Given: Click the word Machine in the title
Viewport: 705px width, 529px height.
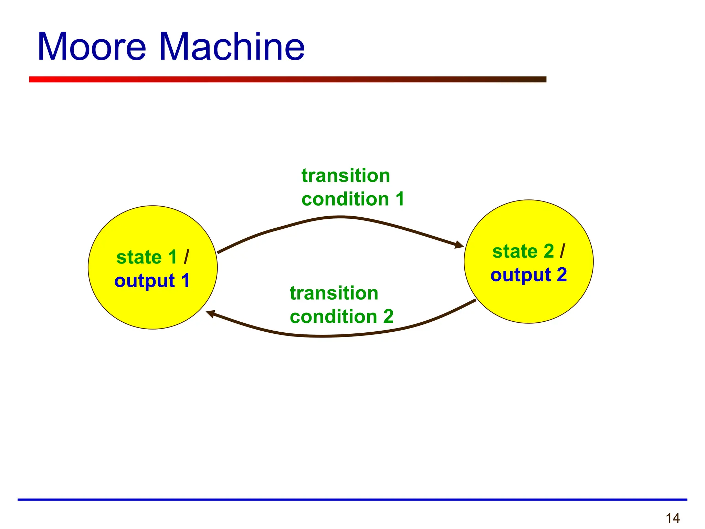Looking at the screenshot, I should tap(232, 47).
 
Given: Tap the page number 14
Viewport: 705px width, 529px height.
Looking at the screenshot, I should tap(673, 518).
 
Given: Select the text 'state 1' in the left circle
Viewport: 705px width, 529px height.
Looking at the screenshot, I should tap(146, 257).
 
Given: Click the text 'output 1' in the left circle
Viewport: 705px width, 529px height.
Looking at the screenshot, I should tap(152, 281).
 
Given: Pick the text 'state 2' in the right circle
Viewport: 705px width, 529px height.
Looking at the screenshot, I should tap(523, 251).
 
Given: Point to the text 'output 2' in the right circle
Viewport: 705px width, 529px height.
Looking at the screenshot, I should tap(528, 275).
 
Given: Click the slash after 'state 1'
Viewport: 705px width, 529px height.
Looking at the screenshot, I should tap(186, 257).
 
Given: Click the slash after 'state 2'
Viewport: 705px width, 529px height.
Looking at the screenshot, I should tap(562, 251).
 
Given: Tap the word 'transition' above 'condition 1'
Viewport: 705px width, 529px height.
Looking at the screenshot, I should tap(346, 176).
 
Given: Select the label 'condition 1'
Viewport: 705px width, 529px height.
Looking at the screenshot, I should tap(352, 199).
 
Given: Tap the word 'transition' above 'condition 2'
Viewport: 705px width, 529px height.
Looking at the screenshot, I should tap(334, 293).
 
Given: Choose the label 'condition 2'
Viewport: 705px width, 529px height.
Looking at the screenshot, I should tap(341, 317).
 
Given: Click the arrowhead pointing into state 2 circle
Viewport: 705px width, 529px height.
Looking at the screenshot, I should tap(459, 245).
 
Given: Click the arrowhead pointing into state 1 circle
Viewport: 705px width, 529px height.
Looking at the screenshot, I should tap(210, 313).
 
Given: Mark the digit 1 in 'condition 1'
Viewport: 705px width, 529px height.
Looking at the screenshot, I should tap(400, 199).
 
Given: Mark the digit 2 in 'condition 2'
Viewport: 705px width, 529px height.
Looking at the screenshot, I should tap(388, 317).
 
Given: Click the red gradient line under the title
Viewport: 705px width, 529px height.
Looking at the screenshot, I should tap(287, 80).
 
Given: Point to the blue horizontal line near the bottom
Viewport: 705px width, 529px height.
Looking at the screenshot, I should tap(352, 499).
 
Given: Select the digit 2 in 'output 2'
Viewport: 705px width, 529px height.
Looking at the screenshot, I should tap(561, 275).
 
